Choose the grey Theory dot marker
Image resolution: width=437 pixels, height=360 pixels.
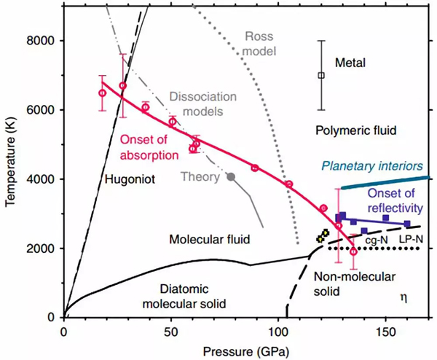click(231, 176)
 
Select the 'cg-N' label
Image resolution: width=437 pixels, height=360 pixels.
click(376, 238)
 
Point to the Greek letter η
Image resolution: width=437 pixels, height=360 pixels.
click(404, 297)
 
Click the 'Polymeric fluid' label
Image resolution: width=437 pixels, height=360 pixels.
click(356, 131)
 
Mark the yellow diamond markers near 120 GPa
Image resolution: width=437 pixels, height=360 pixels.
click(323, 235)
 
